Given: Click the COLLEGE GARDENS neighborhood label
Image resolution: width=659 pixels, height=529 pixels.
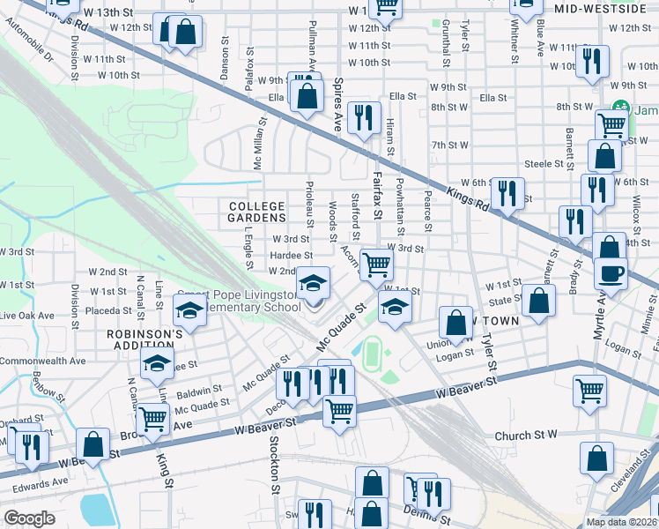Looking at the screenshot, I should (x=257, y=212).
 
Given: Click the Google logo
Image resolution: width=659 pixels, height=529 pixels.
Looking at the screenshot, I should (x=30, y=518).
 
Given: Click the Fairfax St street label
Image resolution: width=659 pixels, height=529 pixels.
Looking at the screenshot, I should (x=378, y=200).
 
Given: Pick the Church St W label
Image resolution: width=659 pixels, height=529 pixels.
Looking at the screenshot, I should (x=526, y=436).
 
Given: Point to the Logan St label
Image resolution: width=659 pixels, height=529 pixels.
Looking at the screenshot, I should (x=455, y=356).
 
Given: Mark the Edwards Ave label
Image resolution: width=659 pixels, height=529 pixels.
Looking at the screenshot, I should (x=39, y=481).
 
